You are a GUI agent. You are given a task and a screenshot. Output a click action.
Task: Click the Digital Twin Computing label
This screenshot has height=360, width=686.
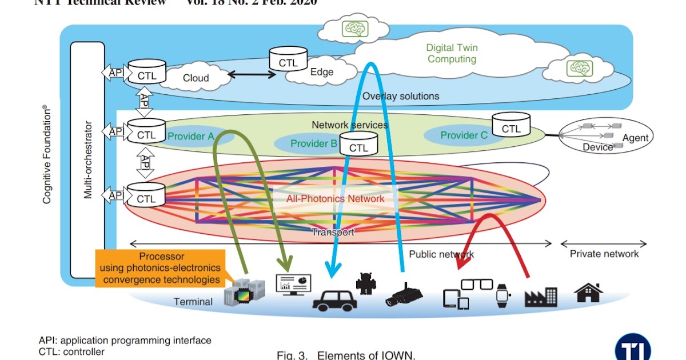pos(452,54)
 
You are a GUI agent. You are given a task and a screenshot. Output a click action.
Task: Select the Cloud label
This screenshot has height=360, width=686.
pos(196,78)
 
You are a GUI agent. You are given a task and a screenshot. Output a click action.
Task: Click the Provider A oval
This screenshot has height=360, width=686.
pos(192,137)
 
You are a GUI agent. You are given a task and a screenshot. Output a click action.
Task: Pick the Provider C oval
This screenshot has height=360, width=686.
pos(463,135)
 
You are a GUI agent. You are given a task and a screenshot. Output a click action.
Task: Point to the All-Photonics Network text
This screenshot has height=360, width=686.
pos(336,198)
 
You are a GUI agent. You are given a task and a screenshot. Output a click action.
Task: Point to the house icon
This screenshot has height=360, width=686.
pos(589,293)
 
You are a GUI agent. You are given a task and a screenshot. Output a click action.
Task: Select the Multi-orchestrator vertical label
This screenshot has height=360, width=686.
pos(88,159)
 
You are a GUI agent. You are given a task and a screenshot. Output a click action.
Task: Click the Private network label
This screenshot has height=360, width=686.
pos(604,254)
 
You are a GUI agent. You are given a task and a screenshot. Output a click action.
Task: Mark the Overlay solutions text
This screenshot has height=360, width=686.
pos(400,96)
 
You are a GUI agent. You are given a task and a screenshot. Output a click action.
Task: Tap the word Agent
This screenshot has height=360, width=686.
pos(635,138)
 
